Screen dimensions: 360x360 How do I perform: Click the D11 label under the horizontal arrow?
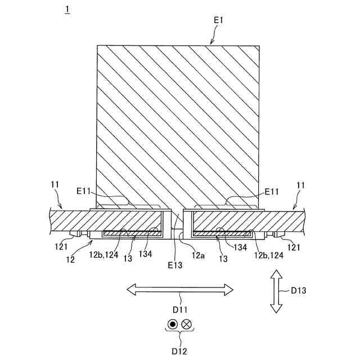(179, 309)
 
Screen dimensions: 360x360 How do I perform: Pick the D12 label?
(179, 351)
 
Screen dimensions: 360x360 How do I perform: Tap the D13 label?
(299, 291)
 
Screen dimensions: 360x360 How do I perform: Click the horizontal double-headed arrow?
(179, 290)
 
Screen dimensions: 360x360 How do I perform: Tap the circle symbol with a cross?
(187, 324)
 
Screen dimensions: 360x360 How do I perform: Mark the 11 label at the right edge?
(301, 184)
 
